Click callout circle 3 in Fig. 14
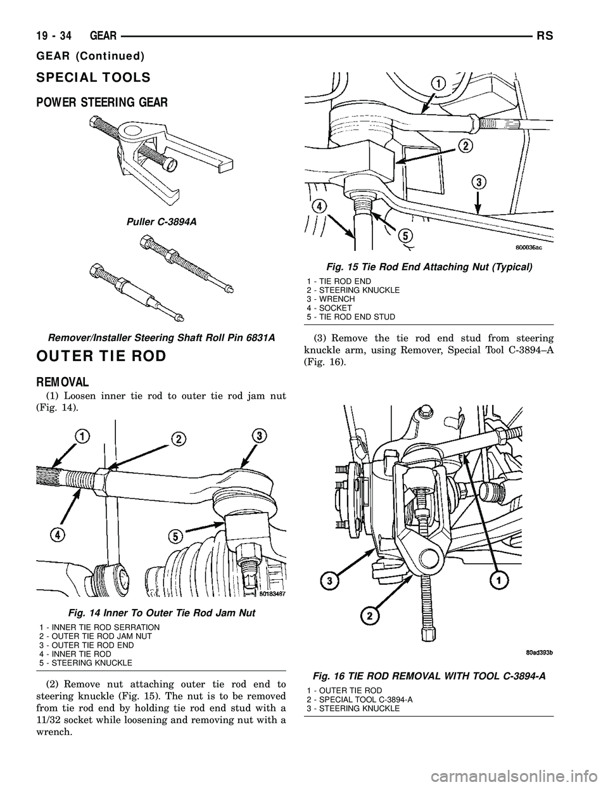[x=258, y=436]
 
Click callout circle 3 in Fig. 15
[x=479, y=182]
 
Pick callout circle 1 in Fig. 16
[x=500, y=580]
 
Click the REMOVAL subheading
[x=63, y=383]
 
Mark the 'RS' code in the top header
[x=545, y=37]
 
